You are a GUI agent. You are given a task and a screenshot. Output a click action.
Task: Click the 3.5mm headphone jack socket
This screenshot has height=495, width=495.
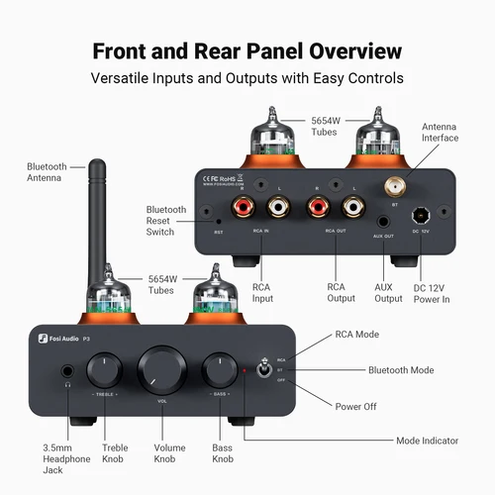click(67, 374)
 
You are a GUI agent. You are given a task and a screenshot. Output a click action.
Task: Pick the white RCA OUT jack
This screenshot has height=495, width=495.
click(351, 209)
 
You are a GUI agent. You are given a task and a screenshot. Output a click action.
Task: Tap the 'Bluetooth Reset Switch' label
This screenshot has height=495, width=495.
click(166, 221)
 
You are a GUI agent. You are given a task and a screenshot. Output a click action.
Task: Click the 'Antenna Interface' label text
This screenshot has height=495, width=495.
click(441, 132)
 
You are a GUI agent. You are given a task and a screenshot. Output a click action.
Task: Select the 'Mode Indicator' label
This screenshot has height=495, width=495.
click(426, 440)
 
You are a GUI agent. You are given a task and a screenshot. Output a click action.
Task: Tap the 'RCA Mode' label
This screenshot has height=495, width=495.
click(357, 335)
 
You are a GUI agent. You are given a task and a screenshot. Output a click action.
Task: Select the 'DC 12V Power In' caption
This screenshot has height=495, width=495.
click(431, 293)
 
